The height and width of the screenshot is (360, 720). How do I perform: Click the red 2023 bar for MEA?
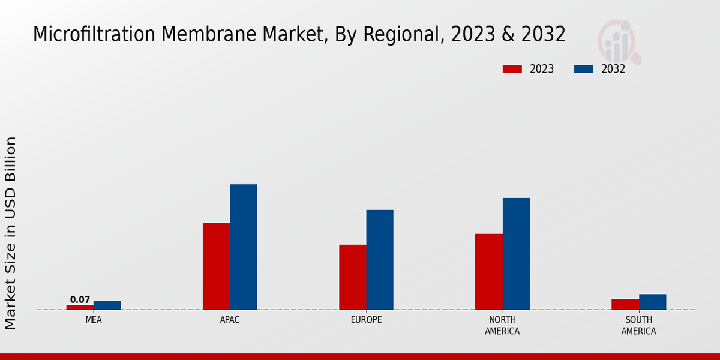click(x=80, y=307)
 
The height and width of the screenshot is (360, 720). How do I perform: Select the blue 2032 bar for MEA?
click(x=107, y=305)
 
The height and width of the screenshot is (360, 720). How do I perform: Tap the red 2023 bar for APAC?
click(x=216, y=266)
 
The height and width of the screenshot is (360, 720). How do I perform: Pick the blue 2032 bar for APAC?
click(x=243, y=247)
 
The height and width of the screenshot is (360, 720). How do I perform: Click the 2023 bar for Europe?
click(x=352, y=277)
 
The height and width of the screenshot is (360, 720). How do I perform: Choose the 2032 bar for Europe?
click(x=380, y=260)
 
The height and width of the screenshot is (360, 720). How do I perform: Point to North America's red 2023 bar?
click(x=488, y=272)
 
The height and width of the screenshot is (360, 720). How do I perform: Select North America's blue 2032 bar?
click(x=516, y=254)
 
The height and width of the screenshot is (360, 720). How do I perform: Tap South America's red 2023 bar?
click(x=625, y=304)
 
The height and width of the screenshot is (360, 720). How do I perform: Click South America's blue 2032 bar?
click(x=652, y=302)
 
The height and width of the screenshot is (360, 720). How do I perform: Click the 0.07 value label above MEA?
click(x=80, y=299)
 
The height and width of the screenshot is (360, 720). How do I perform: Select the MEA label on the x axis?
click(x=94, y=320)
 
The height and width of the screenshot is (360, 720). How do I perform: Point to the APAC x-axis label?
click(x=230, y=320)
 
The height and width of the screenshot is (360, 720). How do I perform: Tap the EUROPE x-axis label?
click(x=366, y=320)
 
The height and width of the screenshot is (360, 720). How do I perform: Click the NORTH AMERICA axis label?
click(x=502, y=325)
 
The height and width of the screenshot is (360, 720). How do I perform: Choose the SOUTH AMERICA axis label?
click(x=638, y=325)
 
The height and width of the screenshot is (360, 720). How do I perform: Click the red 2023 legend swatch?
click(x=512, y=69)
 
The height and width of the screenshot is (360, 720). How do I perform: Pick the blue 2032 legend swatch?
click(x=584, y=69)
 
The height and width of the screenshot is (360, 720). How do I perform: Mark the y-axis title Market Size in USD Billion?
click(x=11, y=233)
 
